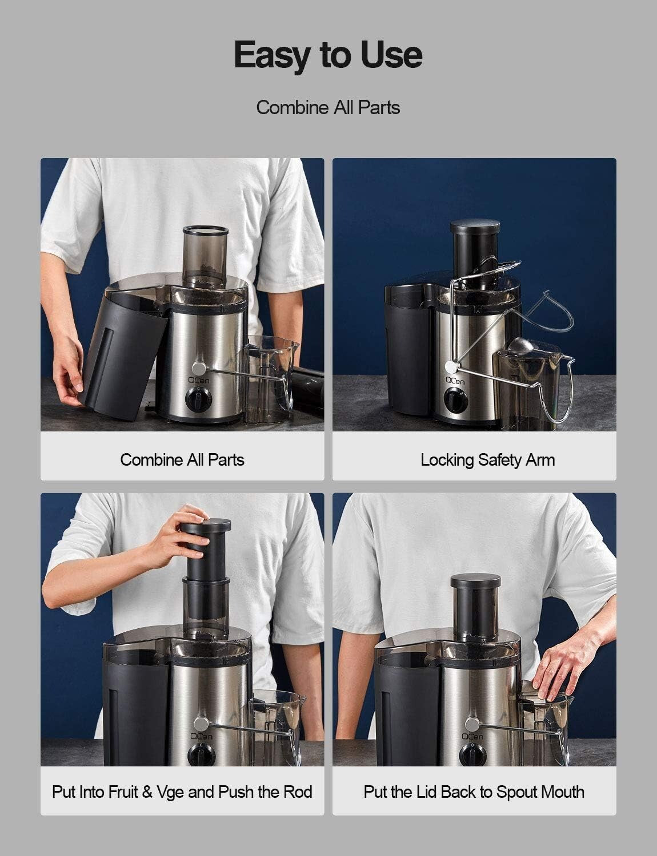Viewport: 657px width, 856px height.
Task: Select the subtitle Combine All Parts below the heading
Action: (328, 107)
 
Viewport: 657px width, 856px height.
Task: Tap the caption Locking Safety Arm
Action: (487, 460)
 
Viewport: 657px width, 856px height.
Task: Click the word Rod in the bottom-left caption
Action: (297, 792)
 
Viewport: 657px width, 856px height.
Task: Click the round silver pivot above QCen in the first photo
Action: (198, 366)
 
